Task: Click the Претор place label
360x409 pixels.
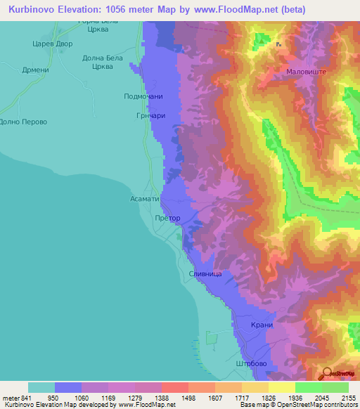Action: (x=167, y=218)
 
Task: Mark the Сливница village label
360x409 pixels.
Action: (x=206, y=273)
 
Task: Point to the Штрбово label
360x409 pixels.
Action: (x=252, y=364)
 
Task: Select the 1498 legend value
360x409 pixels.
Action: (x=188, y=397)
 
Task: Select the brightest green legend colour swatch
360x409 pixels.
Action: (x=309, y=387)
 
